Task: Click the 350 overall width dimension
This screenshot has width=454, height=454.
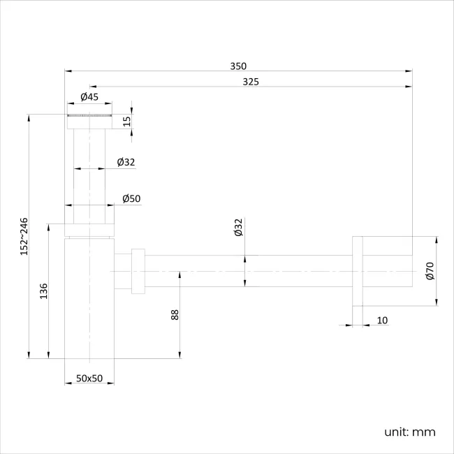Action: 238,66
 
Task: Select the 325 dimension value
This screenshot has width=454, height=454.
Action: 251,82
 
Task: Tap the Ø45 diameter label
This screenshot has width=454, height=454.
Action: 89,97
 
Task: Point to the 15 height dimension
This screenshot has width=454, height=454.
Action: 126,121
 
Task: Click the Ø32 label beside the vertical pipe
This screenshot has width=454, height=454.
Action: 126,162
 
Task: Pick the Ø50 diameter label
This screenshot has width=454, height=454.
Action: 131,198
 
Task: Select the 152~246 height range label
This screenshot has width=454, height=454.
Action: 24,236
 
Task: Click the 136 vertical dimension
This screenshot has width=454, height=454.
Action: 43,291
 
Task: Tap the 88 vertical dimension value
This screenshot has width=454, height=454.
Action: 175,315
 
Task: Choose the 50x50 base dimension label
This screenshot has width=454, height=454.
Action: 89,378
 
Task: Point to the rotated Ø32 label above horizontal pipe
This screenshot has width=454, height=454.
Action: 238,228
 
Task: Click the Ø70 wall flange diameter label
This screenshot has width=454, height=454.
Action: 430,271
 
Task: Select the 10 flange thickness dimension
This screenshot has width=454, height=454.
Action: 382,321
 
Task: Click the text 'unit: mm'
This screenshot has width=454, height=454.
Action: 409,432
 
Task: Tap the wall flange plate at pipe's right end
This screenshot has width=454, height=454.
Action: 358,271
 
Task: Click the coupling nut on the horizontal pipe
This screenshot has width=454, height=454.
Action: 138,270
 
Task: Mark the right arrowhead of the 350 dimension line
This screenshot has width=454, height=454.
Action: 409,71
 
